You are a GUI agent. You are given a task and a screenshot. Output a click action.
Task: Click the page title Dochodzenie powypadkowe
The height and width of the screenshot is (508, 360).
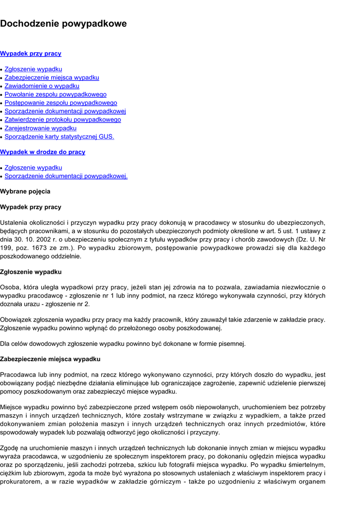(x=63, y=23)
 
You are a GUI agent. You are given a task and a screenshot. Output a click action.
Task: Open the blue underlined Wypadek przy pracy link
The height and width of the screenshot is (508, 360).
(x=31, y=54)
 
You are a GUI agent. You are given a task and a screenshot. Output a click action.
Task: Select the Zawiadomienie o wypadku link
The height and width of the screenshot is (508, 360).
(x=42, y=86)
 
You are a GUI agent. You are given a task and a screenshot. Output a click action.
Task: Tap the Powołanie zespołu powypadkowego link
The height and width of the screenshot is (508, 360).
(x=55, y=94)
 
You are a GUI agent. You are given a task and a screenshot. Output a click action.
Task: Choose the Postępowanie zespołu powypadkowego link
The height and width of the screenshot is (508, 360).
(x=61, y=103)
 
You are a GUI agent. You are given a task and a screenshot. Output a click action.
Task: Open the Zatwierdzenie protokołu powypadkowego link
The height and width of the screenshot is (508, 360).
(x=63, y=120)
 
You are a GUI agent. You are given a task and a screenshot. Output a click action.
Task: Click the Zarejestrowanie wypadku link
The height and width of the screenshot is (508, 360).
(x=40, y=128)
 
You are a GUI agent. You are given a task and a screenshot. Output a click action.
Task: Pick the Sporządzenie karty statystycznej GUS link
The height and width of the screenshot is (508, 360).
(x=59, y=136)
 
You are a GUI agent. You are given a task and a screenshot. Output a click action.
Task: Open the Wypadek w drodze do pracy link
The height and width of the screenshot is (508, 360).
(x=43, y=152)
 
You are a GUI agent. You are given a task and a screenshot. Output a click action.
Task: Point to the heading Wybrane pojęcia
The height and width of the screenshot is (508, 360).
(x=25, y=191)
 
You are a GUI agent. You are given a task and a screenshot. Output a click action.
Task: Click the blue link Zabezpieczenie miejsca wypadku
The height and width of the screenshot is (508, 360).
(x=52, y=77)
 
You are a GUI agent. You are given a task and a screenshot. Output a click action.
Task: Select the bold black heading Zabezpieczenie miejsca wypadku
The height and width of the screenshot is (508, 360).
(x=50, y=359)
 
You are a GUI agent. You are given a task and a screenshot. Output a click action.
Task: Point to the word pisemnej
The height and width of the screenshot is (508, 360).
(x=233, y=343)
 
